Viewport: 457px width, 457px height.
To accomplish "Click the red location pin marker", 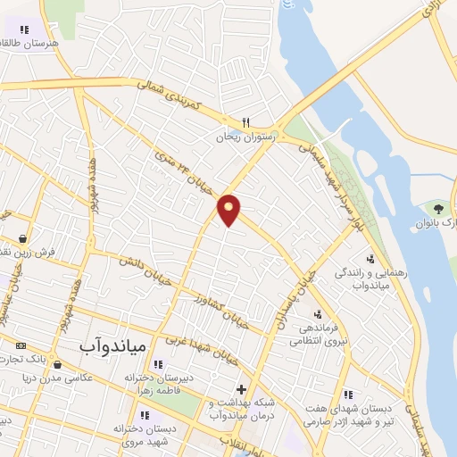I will pos(229,209).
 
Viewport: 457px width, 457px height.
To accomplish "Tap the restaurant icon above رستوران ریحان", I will pos(245,123).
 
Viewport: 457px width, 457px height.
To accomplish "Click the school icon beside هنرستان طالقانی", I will pos(12,29).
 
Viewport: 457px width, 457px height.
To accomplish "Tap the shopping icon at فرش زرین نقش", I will pos(21,239).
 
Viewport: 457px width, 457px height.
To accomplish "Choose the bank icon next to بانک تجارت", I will pos(20,345).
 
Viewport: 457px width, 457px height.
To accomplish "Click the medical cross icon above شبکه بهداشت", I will pos(241,389).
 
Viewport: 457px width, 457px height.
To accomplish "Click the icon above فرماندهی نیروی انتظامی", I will pos(318,313).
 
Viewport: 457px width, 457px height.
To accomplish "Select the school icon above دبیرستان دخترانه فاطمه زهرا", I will pos(158,364).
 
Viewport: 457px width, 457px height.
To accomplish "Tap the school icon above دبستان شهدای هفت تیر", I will pos(348,394).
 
